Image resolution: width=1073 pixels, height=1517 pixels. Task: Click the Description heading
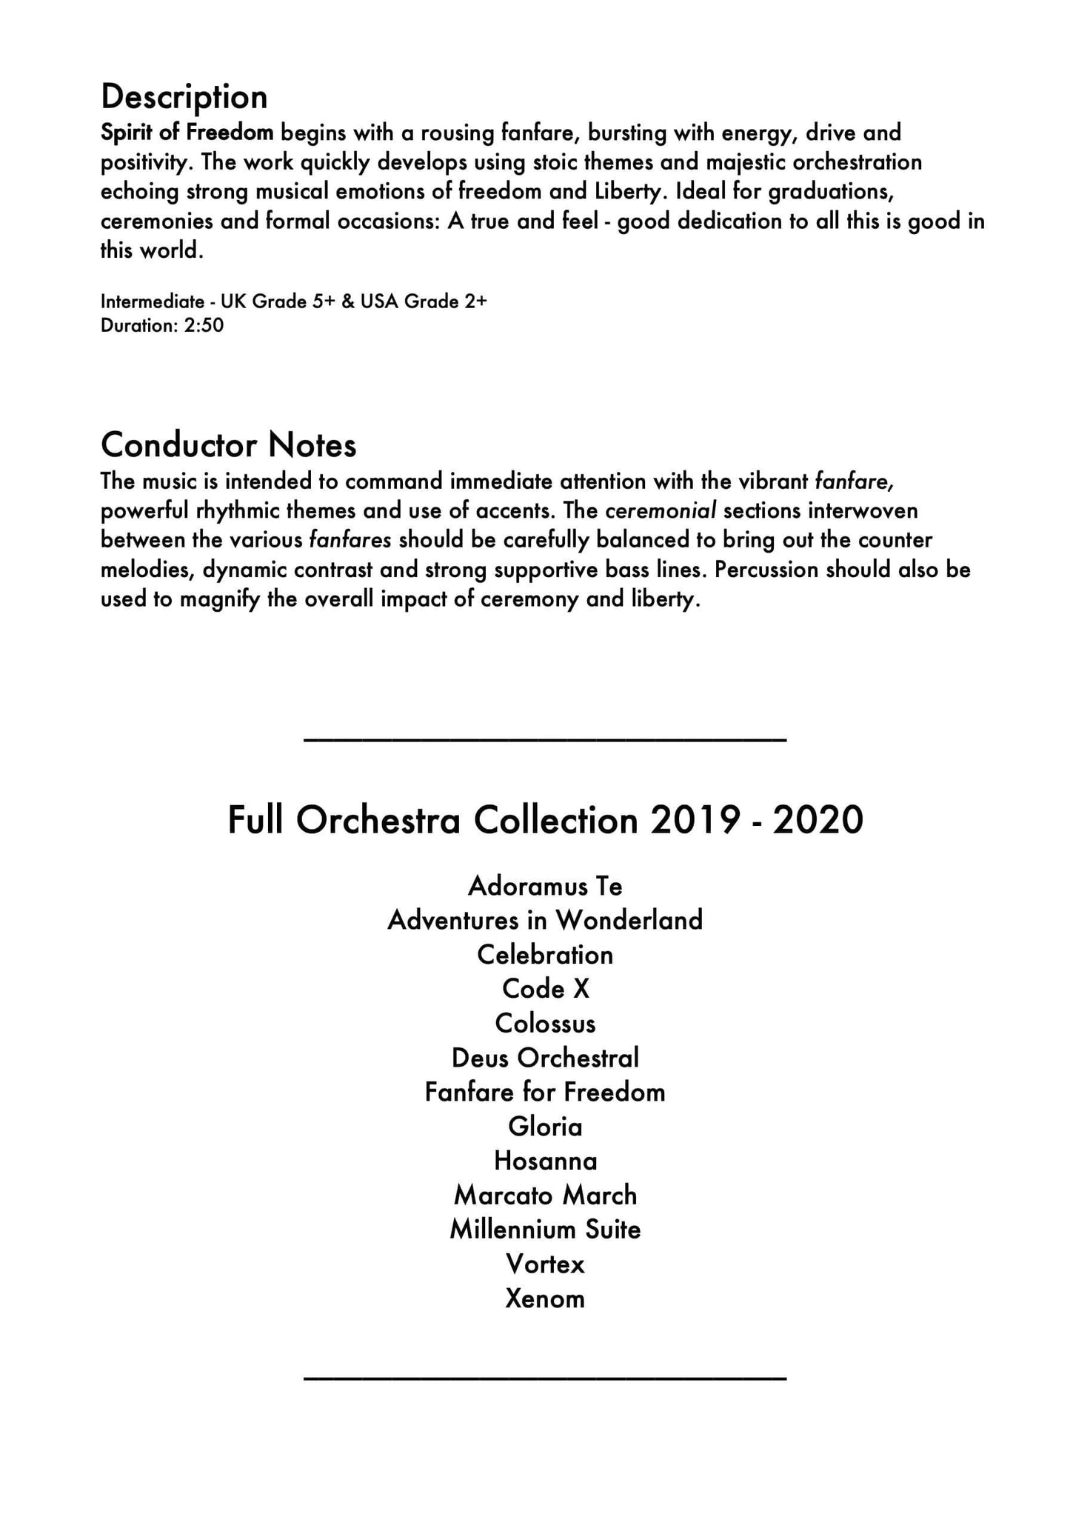(184, 97)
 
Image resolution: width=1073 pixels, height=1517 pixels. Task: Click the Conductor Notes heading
(228, 445)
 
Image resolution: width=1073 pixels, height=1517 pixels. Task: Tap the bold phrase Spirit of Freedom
(187, 133)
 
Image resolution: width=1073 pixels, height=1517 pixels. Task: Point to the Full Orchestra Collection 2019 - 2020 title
(545, 820)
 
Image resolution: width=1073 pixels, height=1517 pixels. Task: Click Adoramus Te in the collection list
(545, 886)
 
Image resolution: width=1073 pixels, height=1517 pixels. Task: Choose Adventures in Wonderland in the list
(545, 920)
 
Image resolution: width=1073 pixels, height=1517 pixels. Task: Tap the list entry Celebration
(545, 955)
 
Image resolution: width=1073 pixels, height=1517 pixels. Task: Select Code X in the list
(545, 989)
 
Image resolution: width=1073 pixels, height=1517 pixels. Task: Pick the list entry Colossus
(545, 1024)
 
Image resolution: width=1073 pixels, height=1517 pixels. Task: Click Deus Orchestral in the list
(545, 1058)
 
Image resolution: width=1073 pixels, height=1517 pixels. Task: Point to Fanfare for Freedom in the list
(545, 1092)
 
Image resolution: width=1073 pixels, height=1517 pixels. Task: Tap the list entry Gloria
(545, 1127)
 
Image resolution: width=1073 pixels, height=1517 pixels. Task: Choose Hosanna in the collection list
(545, 1161)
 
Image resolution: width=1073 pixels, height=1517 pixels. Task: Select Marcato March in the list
(545, 1195)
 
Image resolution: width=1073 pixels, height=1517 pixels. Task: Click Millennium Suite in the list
(545, 1230)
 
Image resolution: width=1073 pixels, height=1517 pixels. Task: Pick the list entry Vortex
(545, 1264)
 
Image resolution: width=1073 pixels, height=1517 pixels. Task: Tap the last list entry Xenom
(545, 1298)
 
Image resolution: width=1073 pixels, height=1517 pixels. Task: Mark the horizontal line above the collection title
(545, 739)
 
